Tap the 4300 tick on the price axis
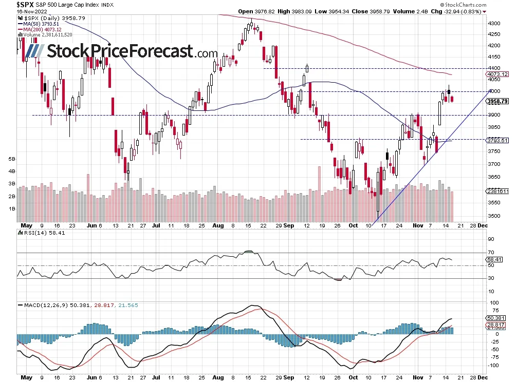tap(494, 24)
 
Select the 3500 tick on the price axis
tap(494, 216)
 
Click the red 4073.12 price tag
tap(497, 74)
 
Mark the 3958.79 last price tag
tap(497, 101)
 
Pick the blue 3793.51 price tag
tap(497, 140)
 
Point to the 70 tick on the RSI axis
tap(491, 253)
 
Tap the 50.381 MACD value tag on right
tap(496, 318)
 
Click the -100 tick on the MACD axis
tap(492, 366)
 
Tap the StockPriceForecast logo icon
tap(34, 51)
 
